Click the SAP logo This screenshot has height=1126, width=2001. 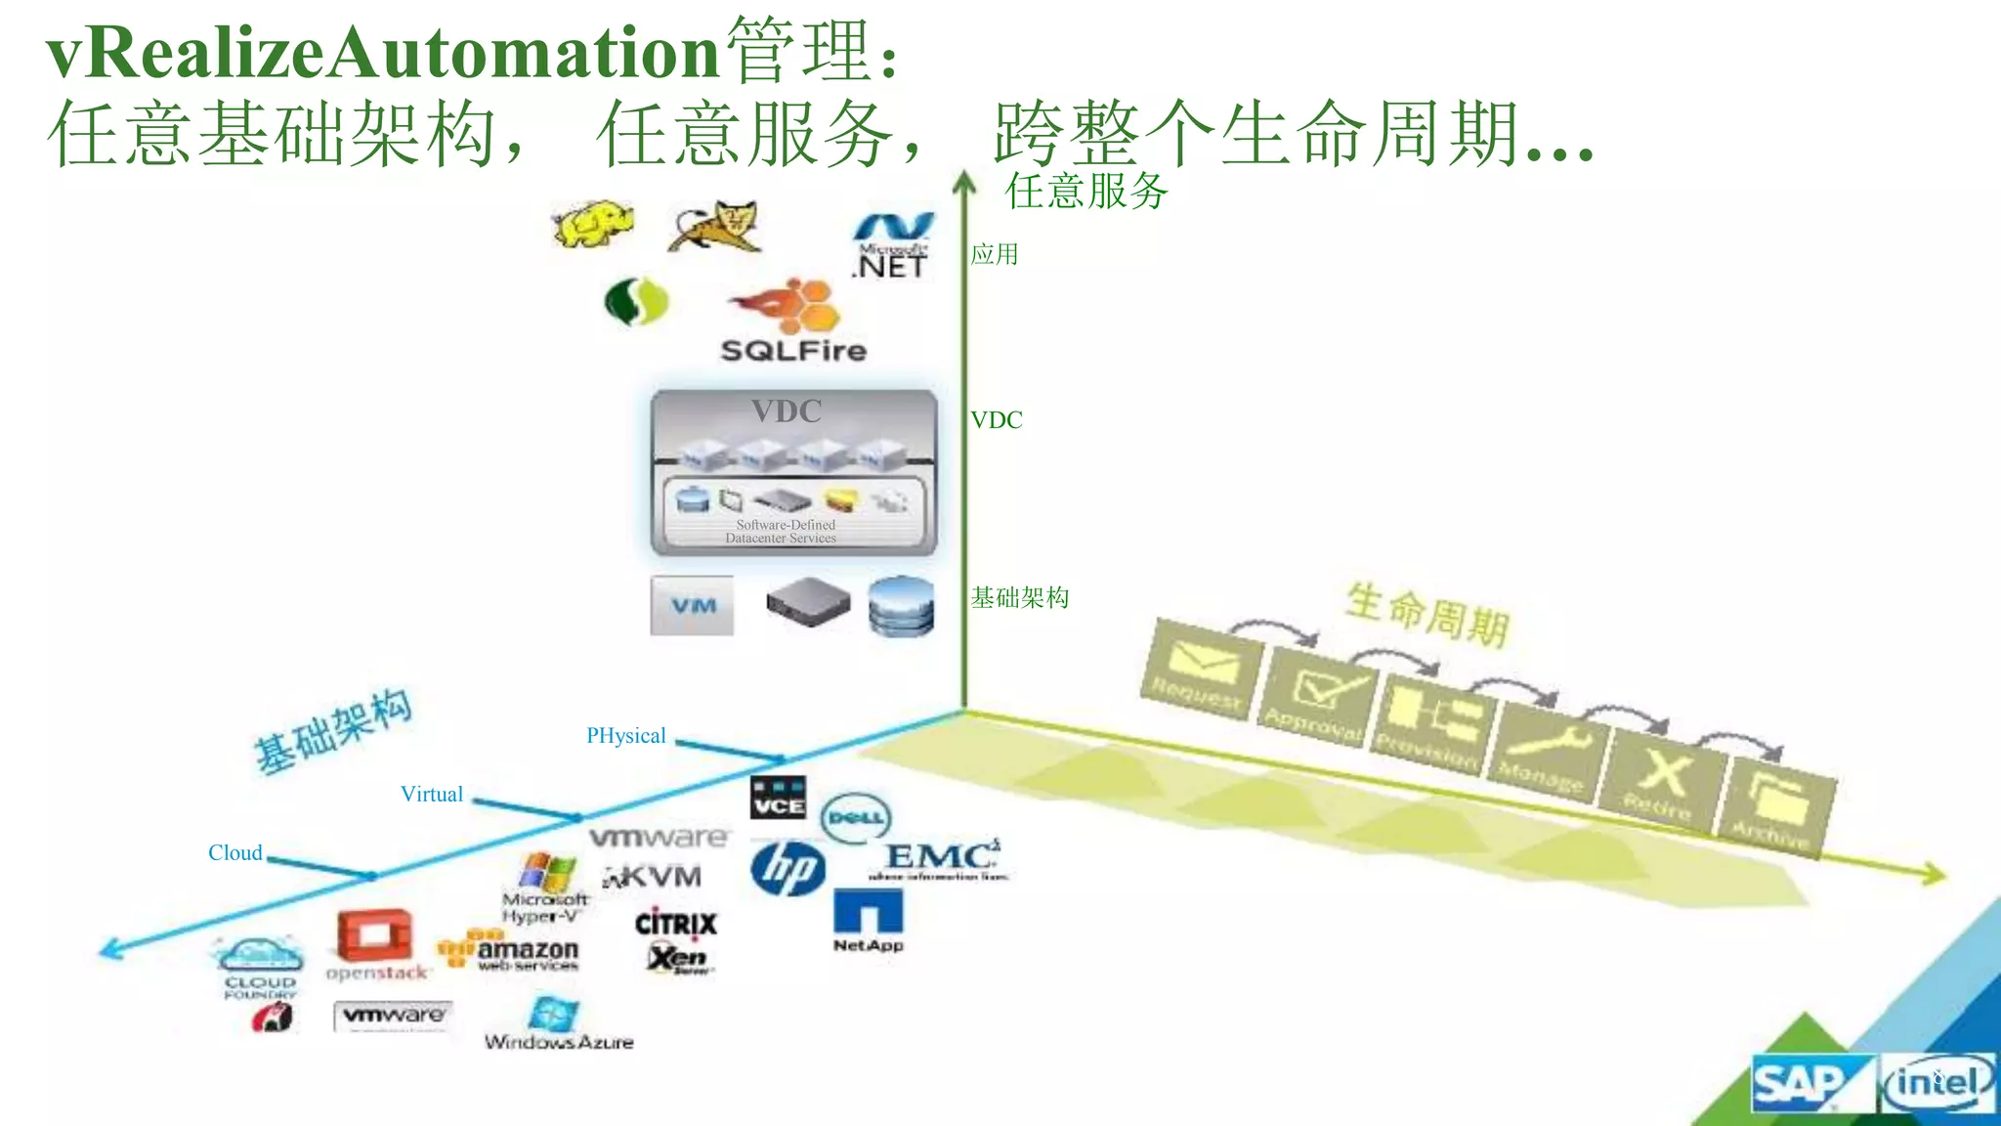1801,1084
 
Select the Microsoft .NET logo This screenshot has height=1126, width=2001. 891,246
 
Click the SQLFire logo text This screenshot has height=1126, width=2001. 793,350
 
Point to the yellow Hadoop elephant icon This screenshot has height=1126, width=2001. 592,225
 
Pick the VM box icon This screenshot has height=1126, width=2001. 693,606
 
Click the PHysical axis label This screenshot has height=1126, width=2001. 626,736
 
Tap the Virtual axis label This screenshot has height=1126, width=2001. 432,795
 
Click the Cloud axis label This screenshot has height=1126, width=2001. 235,853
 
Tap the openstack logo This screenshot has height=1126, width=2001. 376,945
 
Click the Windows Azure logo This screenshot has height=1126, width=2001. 558,1024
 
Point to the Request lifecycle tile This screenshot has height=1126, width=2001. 1200,670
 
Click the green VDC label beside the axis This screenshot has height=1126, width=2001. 997,420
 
